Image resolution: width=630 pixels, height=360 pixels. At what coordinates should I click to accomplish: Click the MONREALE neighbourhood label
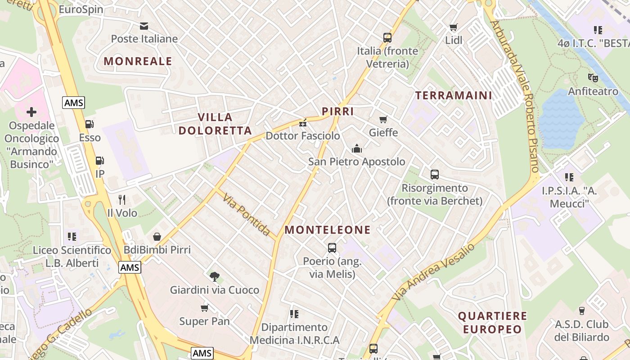coord(138,61)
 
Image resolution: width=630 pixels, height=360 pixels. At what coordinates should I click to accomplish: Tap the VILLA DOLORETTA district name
coord(215,124)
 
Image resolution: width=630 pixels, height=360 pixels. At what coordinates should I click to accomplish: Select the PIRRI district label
coord(337,112)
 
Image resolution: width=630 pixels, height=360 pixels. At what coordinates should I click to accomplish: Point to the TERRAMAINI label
coord(454,95)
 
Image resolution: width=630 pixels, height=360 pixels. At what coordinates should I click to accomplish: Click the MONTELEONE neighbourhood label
coord(328,230)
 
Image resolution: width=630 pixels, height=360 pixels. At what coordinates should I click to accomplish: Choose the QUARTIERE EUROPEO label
coord(492,323)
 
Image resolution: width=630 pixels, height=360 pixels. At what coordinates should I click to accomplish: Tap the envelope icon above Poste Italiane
coord(144,26)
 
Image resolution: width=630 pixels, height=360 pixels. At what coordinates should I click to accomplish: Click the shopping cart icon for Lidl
coord(454,27)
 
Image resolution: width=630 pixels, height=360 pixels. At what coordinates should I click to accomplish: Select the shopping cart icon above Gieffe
coord(383,120)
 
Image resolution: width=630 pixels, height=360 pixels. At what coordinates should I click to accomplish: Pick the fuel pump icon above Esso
coord(90,124)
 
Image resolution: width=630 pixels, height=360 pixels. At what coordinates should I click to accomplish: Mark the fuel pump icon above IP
coord(99,161)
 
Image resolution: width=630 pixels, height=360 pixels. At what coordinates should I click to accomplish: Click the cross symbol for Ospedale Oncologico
coord(31,112)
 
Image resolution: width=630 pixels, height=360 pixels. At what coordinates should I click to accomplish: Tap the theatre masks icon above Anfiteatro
coord(593,78)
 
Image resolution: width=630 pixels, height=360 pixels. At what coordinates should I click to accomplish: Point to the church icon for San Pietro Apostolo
coord(357,148)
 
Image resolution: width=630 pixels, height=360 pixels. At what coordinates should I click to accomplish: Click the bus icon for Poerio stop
coord(332,247)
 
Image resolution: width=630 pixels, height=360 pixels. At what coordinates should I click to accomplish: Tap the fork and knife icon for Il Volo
coord(122,199)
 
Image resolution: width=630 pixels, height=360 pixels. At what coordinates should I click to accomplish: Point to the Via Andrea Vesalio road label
coord(433,272)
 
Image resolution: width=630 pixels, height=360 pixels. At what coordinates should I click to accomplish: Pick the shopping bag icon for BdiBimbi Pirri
coord(157,237)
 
